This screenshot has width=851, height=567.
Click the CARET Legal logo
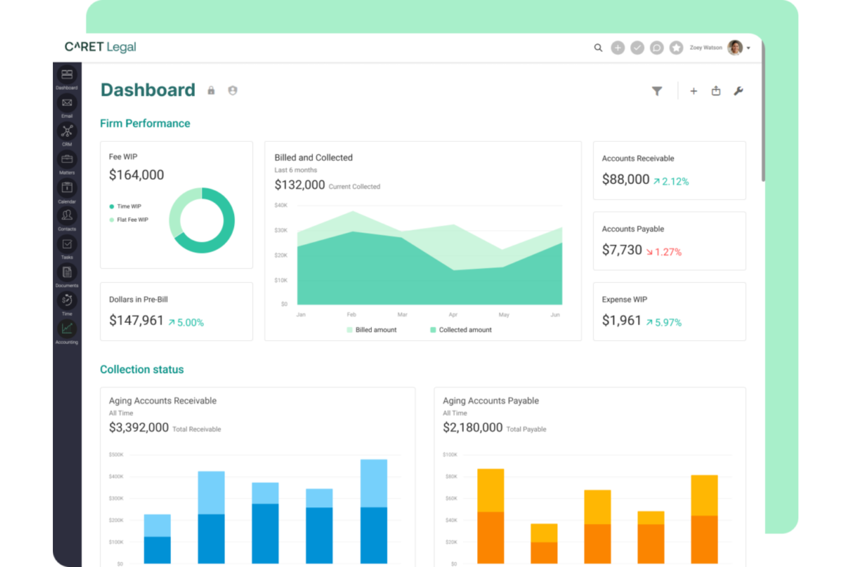click(100, 47)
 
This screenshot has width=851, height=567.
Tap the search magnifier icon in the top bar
click(598, 48)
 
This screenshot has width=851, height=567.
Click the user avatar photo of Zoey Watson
click(734, 48)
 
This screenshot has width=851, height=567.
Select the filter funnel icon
click(657, 91)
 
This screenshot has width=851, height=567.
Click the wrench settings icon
click(738, 91)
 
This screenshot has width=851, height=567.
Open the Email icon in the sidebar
click(67, 103)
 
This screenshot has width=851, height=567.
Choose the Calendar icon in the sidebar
click(67, 188)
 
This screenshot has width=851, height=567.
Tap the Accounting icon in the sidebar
click(67, 329)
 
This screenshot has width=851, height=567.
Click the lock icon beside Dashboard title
click(211, 91)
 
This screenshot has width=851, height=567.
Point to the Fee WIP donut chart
click(202, 220)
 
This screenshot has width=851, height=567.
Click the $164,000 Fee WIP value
click(136, 175)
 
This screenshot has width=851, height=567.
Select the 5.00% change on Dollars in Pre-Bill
click(186, 323)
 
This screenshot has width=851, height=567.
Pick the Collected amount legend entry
click(461, 330)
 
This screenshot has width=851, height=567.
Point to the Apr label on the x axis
click(453, 315)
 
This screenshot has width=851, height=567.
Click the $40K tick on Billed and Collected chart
click(281, 205)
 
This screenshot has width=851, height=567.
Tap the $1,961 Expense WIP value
click(621, 321)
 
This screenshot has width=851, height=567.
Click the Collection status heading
click(142, 369)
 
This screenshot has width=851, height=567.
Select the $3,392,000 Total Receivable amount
click(139, 427)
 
